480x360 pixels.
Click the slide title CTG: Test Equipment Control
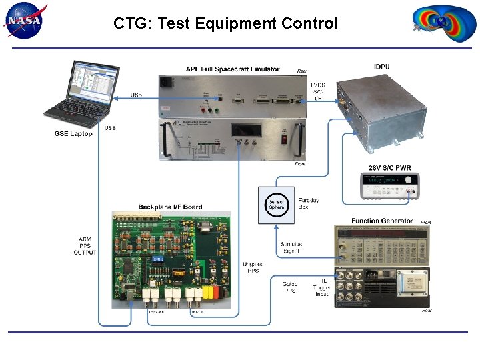[225, 23]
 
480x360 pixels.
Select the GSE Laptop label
[73, 134]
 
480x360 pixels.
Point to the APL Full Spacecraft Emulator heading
[232, 69]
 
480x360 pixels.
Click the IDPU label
[383, 66]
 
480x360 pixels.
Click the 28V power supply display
[380, 181]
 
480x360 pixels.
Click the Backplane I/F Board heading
[170, 207]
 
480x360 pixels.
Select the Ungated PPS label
[253, 268]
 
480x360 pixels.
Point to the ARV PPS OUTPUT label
[85, 245]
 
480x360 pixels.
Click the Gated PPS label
[290, 287]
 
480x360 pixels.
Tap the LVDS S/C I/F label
[318, 91]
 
